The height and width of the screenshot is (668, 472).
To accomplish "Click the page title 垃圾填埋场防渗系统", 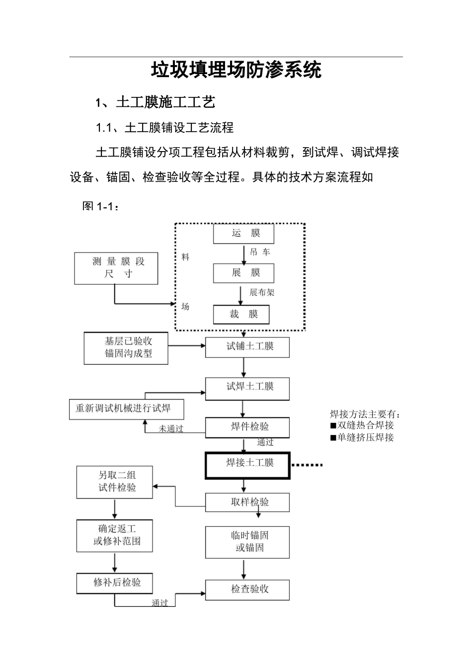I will point(236,70).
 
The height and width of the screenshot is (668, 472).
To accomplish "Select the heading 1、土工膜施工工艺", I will point(155,102).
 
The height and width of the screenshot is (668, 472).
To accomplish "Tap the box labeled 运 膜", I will point(243,233).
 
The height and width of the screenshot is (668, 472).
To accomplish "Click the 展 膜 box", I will point(243,273).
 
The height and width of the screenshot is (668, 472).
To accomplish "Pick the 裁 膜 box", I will point(241,314).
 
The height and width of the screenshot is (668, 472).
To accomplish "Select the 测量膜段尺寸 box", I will point(116,268).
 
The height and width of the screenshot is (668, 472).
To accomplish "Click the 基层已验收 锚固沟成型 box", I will point(126,348).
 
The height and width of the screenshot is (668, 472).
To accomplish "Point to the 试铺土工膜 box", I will point(247,346).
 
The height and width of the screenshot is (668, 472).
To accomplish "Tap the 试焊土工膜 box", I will point(247,388).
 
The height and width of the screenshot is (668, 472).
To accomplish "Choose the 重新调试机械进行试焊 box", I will point(127,409).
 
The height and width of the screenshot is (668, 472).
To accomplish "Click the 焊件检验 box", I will point(247,427).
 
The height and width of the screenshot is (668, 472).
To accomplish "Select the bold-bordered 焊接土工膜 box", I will point(247,464).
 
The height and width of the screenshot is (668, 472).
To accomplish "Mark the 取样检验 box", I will point(247,502).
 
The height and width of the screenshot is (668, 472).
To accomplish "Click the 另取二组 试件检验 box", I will point(115,482).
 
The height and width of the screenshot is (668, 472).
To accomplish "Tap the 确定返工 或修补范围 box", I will point(115,535).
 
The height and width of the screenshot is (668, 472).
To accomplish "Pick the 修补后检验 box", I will point(115,583).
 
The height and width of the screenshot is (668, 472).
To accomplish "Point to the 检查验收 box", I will point(247,589).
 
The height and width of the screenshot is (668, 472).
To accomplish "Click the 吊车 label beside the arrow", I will point(260,252).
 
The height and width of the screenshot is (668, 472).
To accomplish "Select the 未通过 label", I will point(171,428).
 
